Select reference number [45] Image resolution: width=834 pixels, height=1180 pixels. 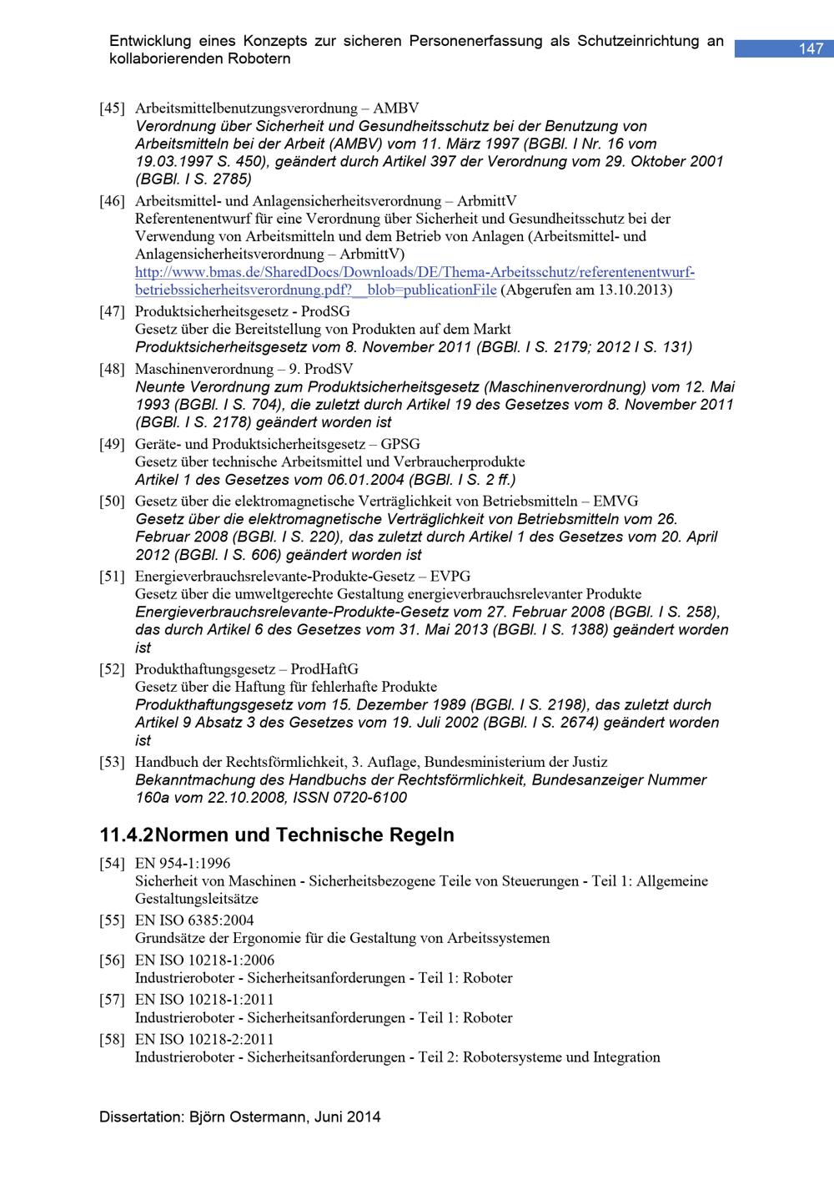click(x=112, y=108)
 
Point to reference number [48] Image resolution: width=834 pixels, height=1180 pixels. click(x=112, y=369)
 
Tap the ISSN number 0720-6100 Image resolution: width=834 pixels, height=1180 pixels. click(x=371, y=798)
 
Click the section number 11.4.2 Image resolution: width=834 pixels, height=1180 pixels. click(x=127, y=835)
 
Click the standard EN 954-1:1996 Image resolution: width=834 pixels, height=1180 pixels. click(x=183, y=864)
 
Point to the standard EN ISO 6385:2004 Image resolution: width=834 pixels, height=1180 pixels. click(x=194, y=920)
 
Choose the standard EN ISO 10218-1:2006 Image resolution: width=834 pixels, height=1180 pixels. click(x=204, y=961)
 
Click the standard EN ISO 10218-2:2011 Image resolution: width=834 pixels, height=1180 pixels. click(x=204, y=1040)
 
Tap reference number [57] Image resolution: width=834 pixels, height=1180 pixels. click(x=112, y=1000)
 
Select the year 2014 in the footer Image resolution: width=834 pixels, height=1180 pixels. click(x=364, y=1117)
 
